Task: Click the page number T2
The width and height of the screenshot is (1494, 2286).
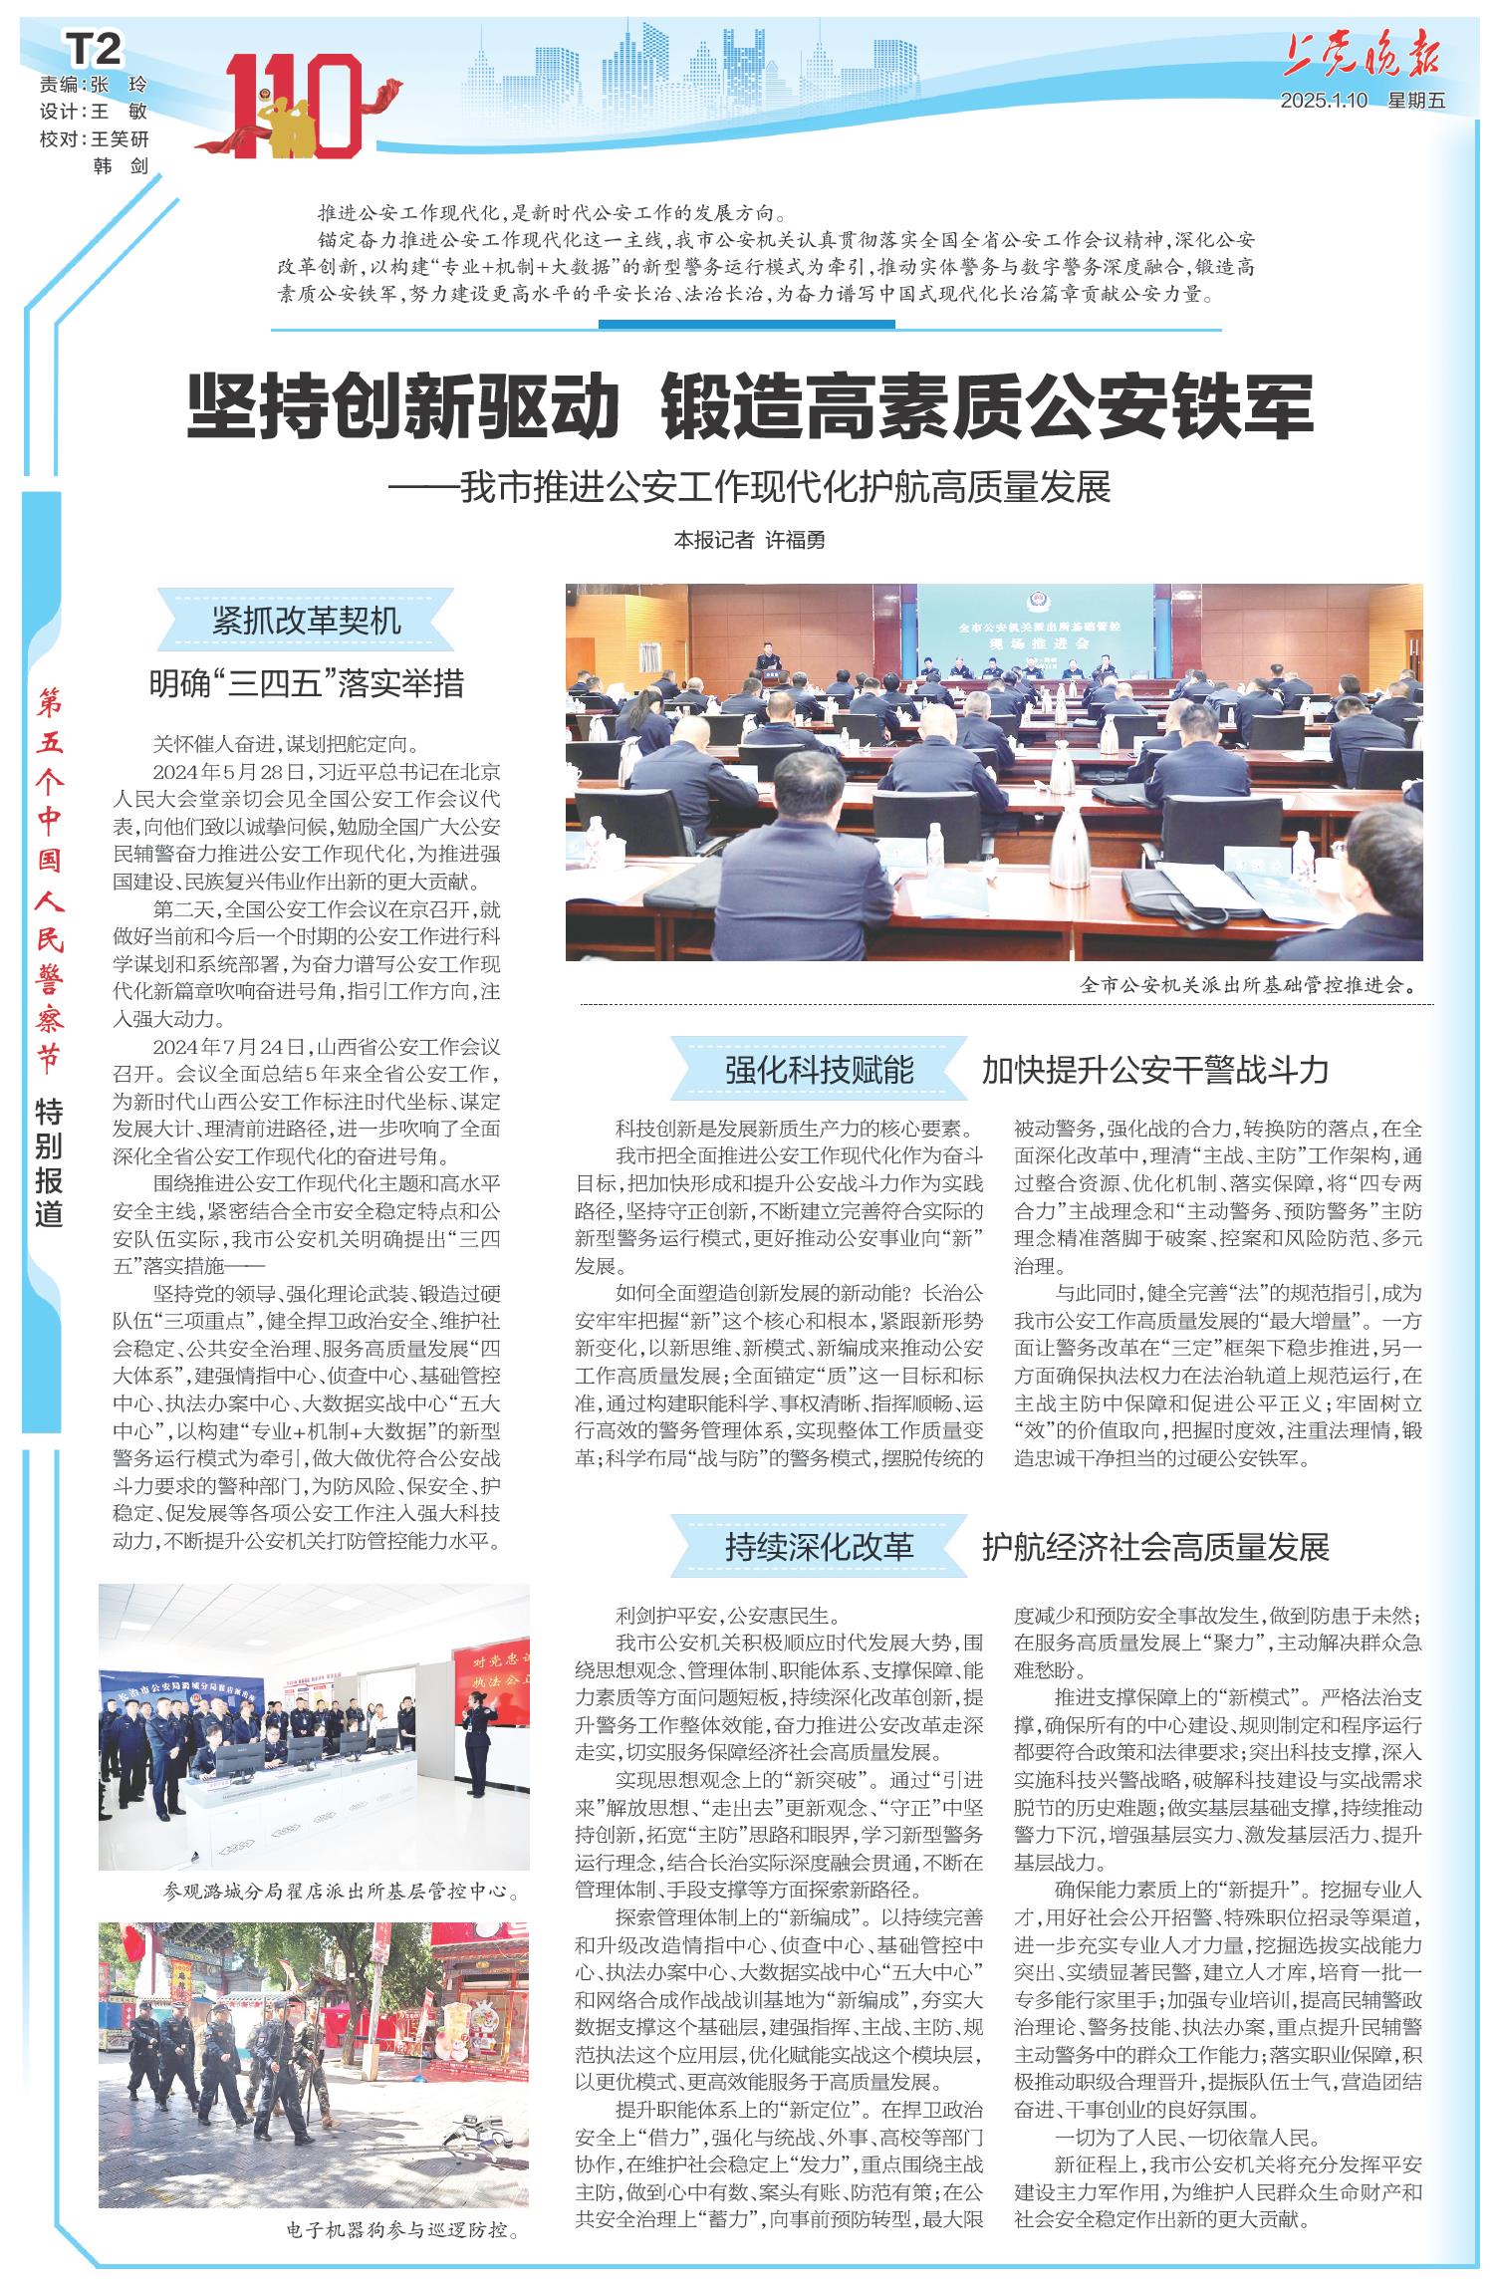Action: pyautogui.click(x=95, y=48)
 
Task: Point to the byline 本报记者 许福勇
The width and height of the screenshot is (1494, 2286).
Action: pyautogui.click(x=750, y=540)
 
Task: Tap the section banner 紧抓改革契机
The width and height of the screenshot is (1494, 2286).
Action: pyautogui.click(x=307, y=620)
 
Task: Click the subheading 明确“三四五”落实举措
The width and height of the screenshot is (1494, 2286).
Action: pyautogui.click(x=307, y=683)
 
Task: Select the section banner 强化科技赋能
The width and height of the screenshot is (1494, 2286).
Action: pyautogui.click(x=819, y=1070)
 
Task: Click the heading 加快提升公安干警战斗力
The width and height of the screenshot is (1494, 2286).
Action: pyautogui.click(x=1155, y=1070)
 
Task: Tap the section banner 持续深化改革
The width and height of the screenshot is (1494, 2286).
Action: pyautogui.click(x=819, y=1547)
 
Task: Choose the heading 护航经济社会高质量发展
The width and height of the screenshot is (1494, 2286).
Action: pyautogui.click(x=1155, y=1547)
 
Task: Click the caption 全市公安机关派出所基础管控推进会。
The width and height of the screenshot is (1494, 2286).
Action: pyautogui.click(x=1250, y=986)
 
